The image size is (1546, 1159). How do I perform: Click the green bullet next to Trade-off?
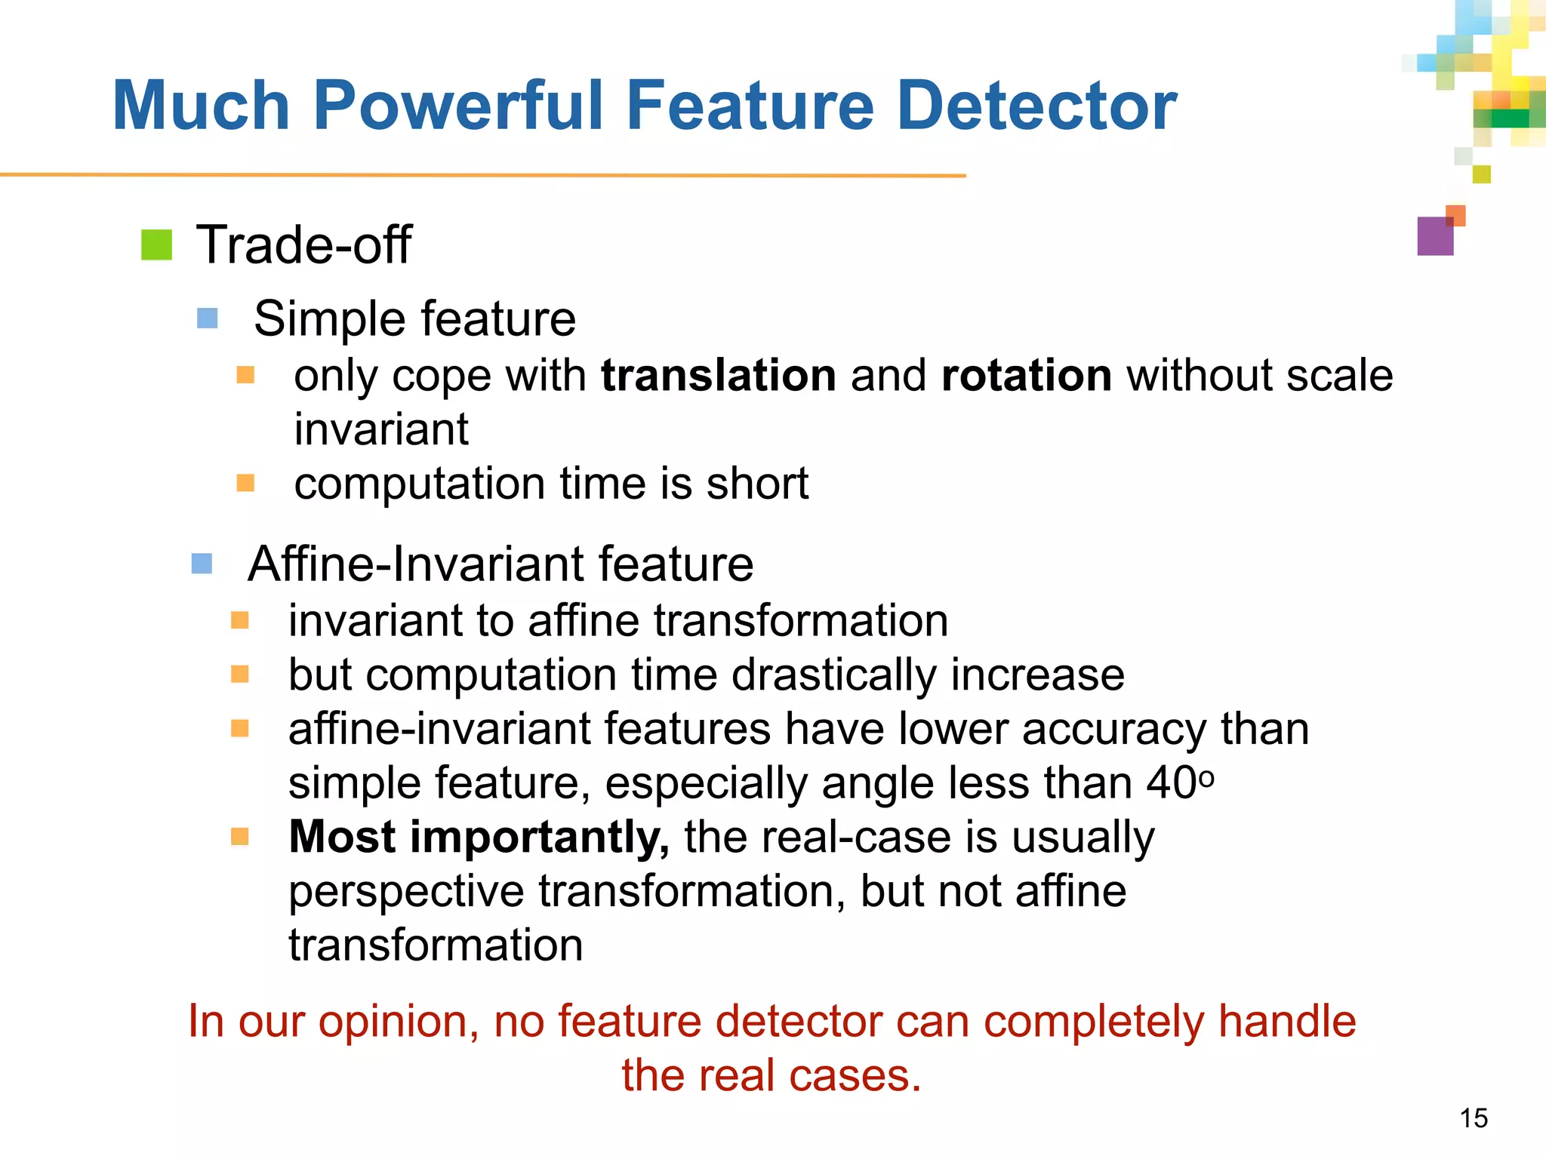[157, 245]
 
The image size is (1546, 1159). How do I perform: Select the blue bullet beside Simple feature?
[208, 318]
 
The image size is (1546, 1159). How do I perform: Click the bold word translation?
[718, 375]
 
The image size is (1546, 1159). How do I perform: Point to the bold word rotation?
[1027, 375]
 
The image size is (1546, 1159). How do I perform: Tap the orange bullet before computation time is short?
[245, 482]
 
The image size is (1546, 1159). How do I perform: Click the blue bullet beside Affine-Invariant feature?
[202, 563]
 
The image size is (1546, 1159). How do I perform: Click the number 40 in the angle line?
[1170, 782]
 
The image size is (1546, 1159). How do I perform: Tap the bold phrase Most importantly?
[479, 837]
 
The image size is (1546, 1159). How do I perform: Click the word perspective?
[406, 891]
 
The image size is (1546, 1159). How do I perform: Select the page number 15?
[1473, 1118]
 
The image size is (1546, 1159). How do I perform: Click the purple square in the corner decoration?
[1434, 236]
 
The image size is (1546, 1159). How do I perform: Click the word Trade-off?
[303, 245]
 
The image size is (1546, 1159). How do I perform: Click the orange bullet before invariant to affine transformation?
[240, 620]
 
